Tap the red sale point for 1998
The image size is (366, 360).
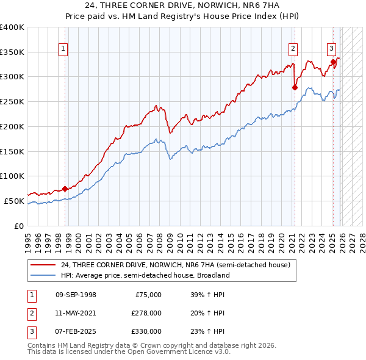click(x=65, y=189)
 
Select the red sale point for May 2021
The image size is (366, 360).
click(x=295, y=87)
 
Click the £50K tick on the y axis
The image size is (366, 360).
click(x=15, y=201)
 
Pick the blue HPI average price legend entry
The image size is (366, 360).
click(x=145, y=275)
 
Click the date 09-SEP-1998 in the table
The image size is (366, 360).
click(x=76, y=295)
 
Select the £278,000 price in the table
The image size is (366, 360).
click(x=147, y=313)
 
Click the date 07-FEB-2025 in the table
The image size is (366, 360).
click(x=76, y=331)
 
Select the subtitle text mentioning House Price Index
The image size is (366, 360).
click(x=182, y=16)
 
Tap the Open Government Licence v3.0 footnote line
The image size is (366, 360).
click(x=129, y=352)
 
